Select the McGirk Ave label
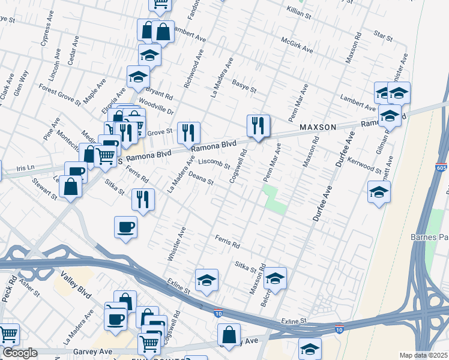298,44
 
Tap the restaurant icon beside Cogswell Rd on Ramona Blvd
258,126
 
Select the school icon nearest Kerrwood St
378,193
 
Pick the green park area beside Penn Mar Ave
275,199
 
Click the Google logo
19,353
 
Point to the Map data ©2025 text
424,355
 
